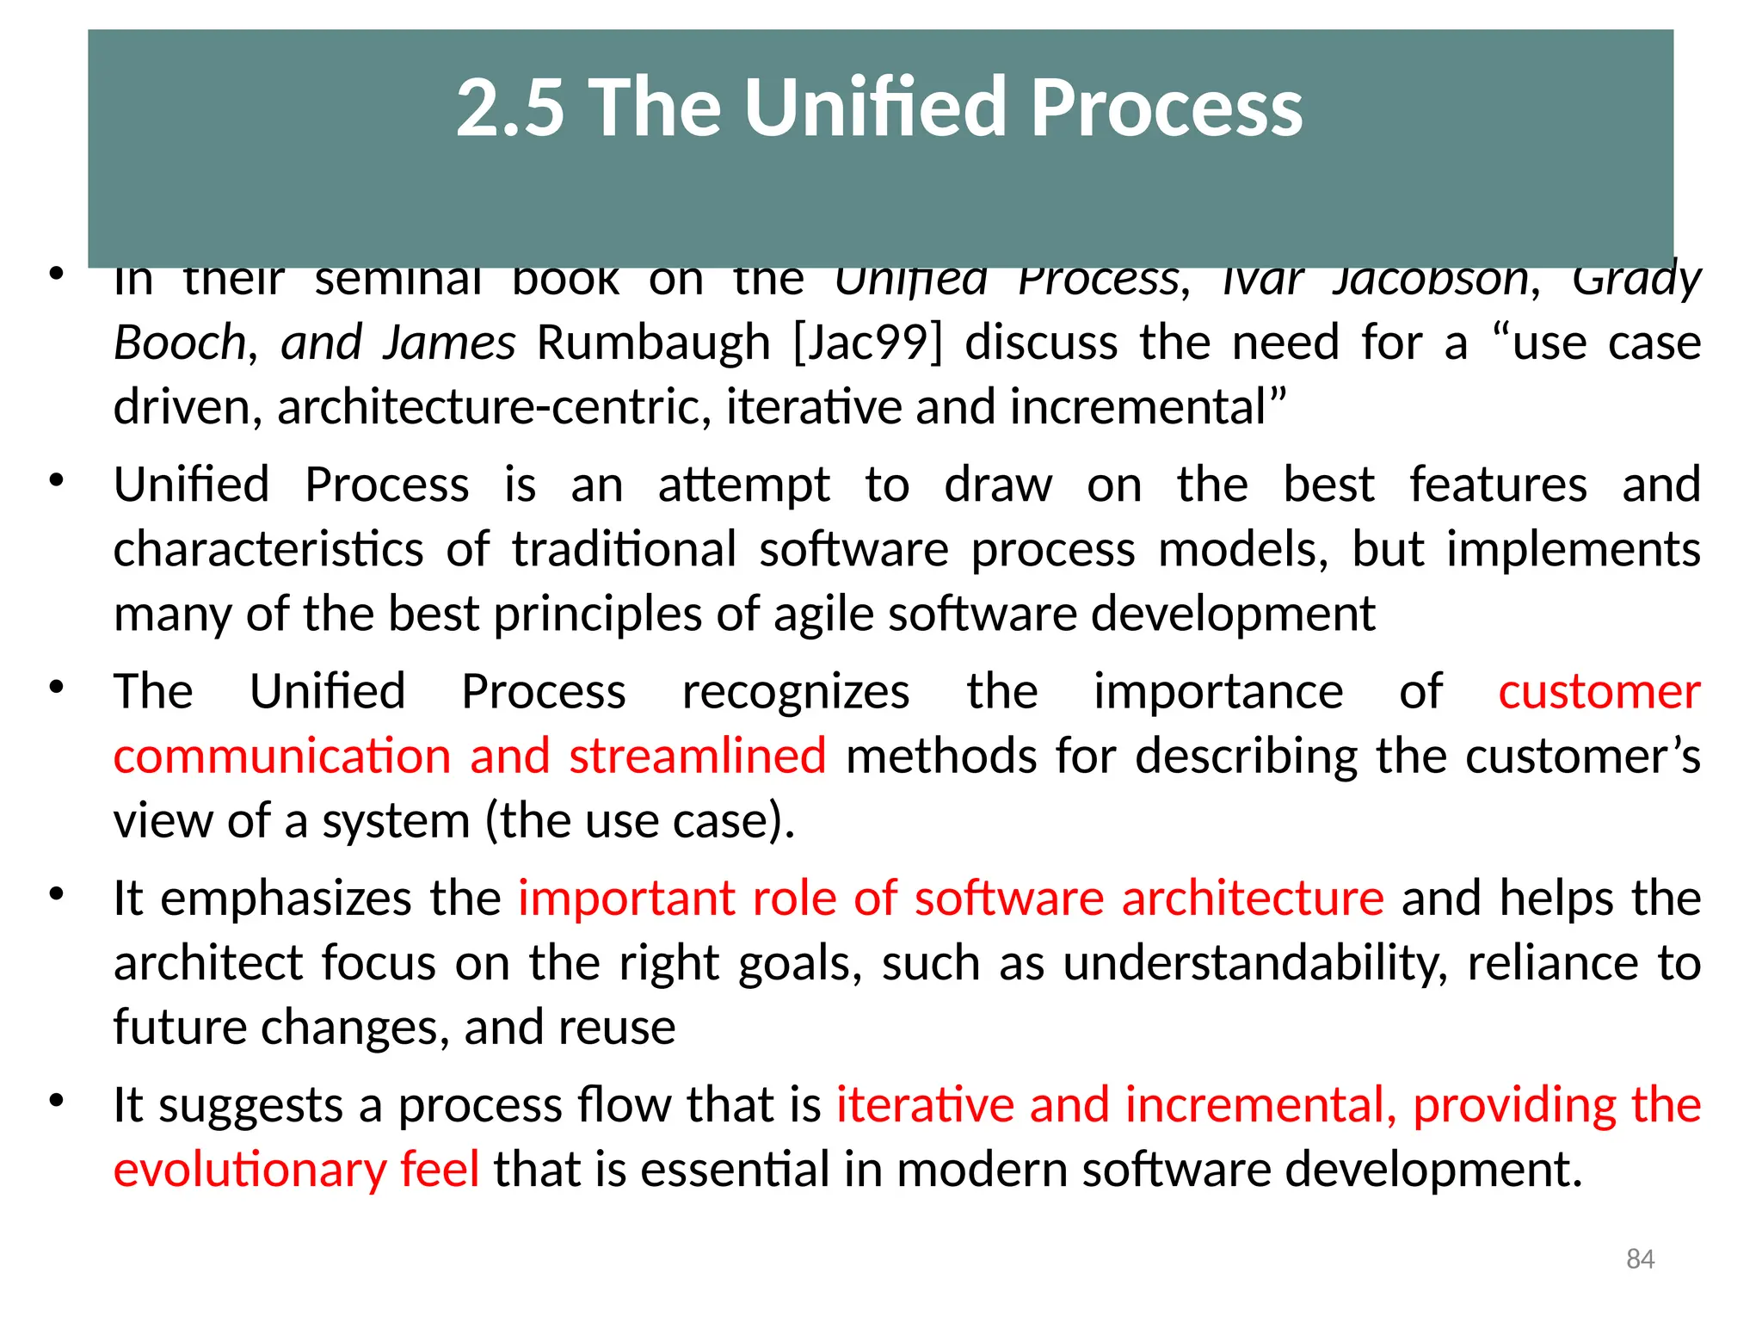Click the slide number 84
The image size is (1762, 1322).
tap(1640, 1259)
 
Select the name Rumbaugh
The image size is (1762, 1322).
tap(653, 343)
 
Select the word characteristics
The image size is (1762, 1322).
tap(268, 549)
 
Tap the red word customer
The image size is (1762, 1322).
tap(1599, 691)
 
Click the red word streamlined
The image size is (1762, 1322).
tap(697, 756)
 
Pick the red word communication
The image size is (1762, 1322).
tap(282, 756)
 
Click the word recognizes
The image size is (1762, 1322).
tap(796, 691)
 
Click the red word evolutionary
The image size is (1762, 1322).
tap(250, 1170)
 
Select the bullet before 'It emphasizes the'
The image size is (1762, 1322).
tap(57, 893)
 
